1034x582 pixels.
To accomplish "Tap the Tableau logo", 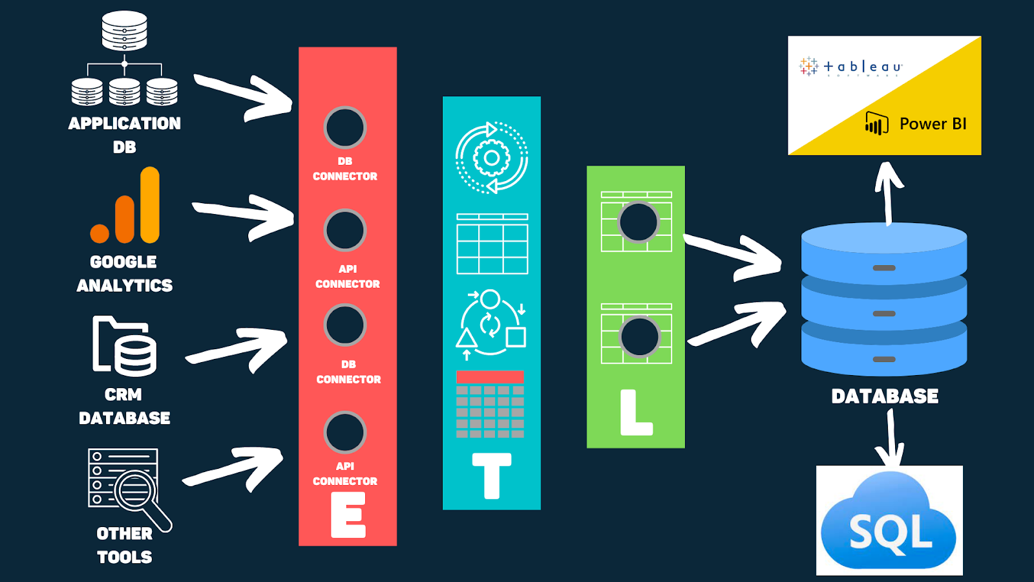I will (850, 67).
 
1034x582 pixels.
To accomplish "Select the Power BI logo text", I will (933, 124).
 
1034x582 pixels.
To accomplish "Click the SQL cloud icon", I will (889, 524).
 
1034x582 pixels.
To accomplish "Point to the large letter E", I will (348, 515).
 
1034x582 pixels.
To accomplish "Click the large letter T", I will (492, 476).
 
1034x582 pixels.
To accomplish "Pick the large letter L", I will (636, 413).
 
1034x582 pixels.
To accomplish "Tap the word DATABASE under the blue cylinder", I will (885, 396).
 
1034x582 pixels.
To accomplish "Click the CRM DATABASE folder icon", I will (124, 345).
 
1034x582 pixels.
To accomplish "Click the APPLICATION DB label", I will (125, 135).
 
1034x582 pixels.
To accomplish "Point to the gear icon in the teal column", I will (492, 158).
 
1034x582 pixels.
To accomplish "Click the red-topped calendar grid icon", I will (490, 405).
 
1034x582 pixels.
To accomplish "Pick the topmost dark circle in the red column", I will (345, 127).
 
